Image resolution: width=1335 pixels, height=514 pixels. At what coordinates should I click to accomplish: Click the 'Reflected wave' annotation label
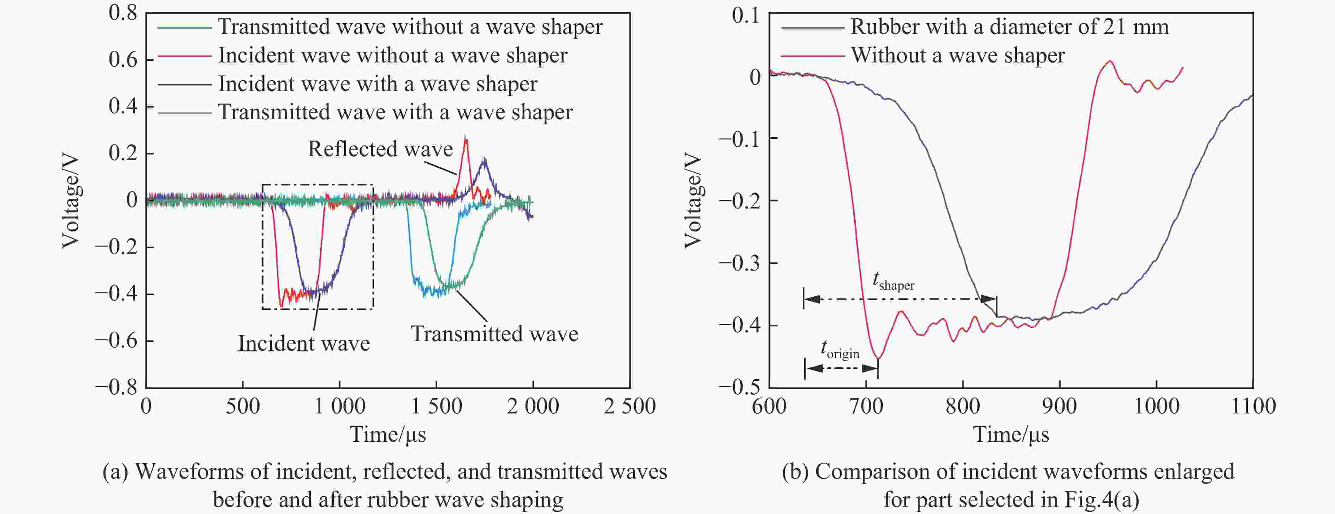pos(380,149)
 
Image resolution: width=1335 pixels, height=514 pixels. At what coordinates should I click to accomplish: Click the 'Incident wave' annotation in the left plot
pos(304,344)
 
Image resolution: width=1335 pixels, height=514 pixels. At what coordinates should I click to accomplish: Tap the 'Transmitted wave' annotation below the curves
pos(494,334)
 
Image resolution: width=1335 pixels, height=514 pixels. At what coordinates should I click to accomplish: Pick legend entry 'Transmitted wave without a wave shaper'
pos(410,27)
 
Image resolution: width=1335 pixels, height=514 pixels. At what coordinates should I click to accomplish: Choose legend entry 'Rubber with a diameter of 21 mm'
pos(1009,27)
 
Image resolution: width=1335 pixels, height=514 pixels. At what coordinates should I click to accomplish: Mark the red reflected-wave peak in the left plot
pos(465,139)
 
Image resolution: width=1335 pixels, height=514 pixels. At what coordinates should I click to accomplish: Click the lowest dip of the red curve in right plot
pos(878,358)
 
